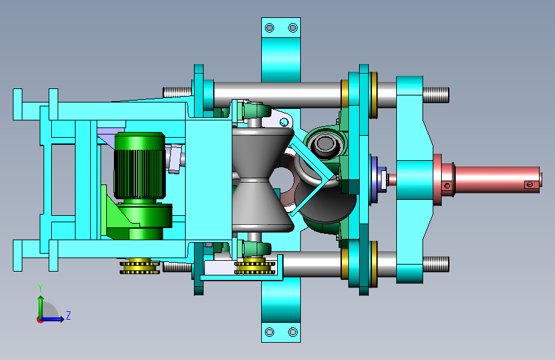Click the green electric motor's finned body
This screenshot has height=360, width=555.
tap(140, 165)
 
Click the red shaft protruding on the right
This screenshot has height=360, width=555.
tap(496, 179)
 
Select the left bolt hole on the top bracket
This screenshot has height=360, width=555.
tap(269, 28)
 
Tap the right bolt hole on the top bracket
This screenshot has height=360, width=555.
tap(293, 28)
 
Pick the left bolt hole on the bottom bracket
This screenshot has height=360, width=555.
tap(269, 332)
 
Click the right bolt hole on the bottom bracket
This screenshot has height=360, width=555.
tap(293, 332)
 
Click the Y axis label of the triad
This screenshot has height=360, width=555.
tap(40, 288)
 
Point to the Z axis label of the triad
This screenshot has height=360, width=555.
tap(68, 315)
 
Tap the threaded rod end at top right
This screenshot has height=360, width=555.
tap(436, 95)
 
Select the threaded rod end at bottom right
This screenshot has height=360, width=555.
tap(436, 265)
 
